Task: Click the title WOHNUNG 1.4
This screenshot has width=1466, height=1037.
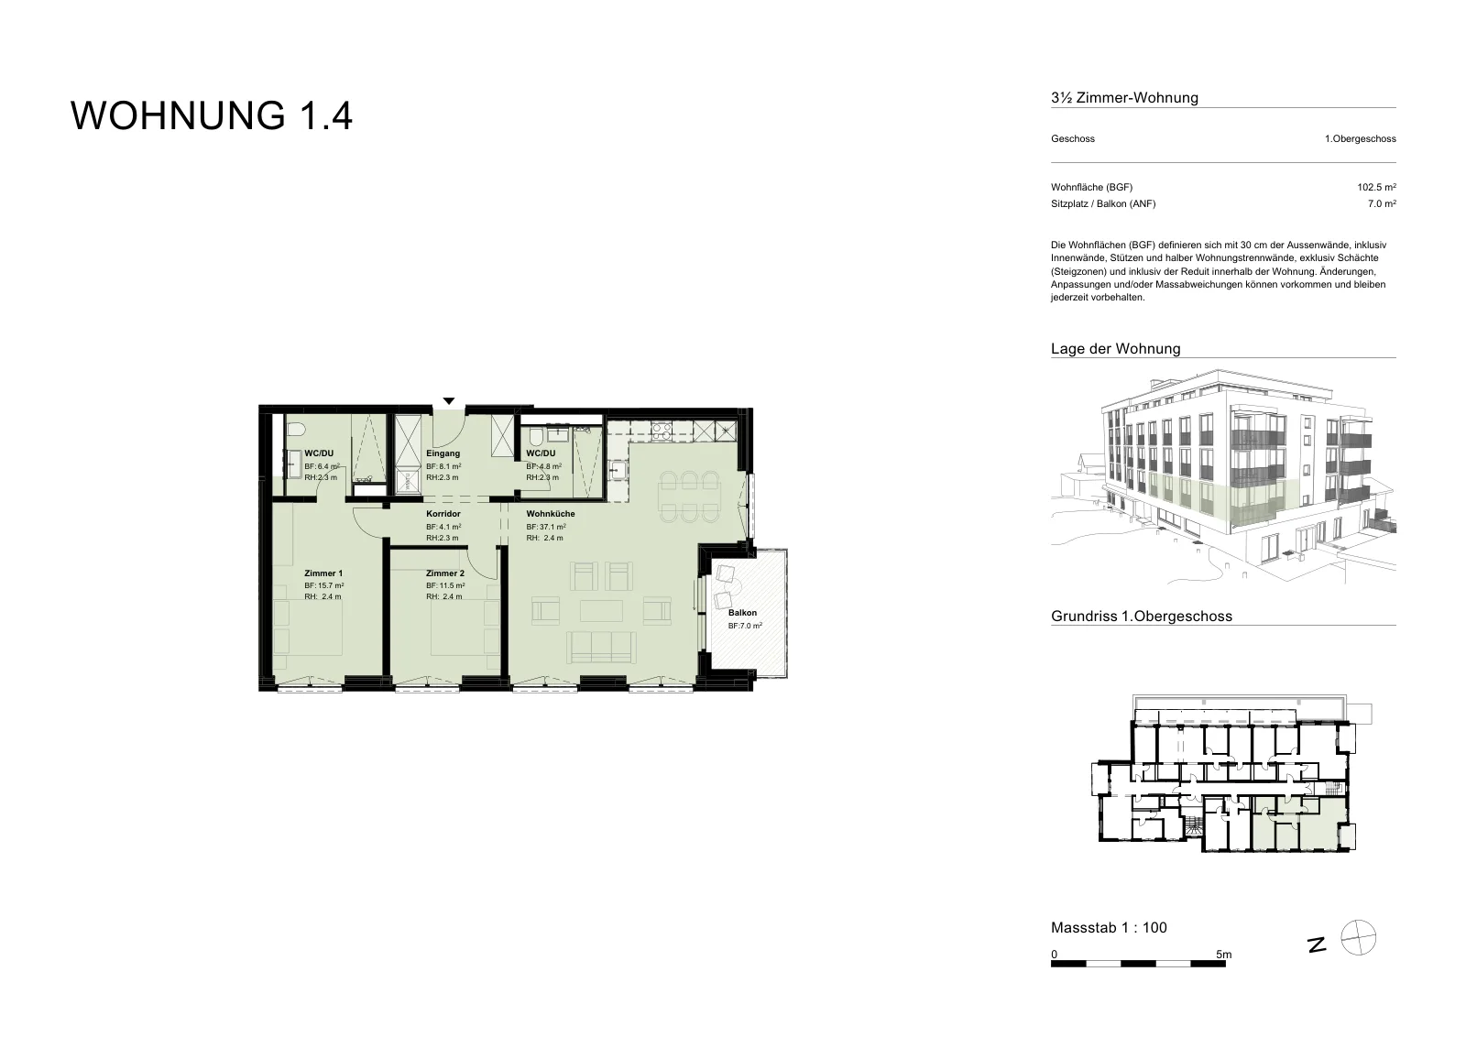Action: point(212,115)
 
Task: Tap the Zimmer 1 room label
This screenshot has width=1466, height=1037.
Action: point(323,573)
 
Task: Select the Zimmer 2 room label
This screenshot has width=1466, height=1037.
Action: point(445,573)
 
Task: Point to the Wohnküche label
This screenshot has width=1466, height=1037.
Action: point(551,514)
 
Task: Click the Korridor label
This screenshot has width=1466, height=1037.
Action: point(443,514)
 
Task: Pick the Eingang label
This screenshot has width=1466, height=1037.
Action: point(443,453)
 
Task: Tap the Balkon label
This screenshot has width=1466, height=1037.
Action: point(742,613)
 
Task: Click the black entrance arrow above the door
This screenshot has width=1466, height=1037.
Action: point(448,401)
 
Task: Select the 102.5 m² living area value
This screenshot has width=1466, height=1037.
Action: point(1376,187)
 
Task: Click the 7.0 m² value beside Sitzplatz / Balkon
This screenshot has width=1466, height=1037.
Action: point(1382,203)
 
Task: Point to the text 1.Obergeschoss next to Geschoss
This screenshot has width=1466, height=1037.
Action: point(1360,138)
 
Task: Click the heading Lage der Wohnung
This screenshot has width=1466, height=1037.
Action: point(1115,349)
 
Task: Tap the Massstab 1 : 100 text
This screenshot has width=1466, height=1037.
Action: point(1109,927)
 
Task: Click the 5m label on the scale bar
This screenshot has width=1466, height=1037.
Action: point(1223,955)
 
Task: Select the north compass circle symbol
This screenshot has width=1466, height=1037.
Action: point(1359,937)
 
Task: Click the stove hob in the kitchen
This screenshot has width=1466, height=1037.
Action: point(661,431)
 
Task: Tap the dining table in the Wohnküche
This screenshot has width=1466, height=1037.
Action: point(690,498)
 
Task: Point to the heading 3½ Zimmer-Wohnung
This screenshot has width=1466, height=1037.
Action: point(1124,98)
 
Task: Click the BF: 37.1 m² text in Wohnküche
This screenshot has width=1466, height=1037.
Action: point(546,527)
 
